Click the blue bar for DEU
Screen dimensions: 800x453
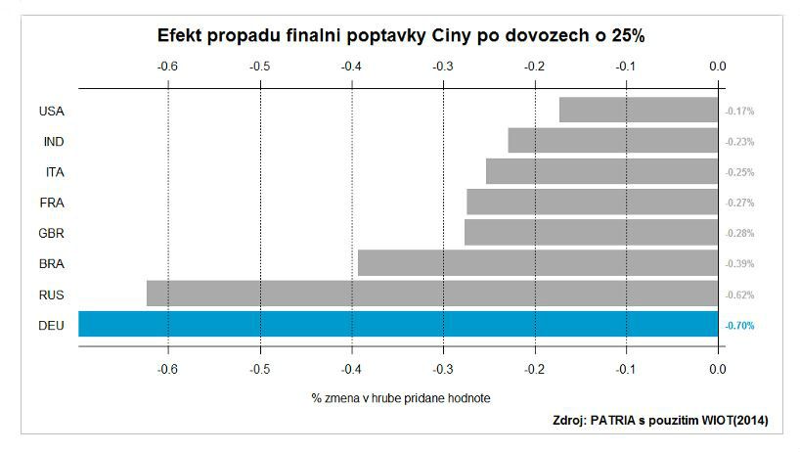tap(398, 324)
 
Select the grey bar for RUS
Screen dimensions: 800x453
tap(432, 294)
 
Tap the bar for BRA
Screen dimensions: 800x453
tap(538, 263)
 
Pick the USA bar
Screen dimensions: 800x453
tap(639, 110)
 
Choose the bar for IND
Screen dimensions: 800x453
tap(613, 140)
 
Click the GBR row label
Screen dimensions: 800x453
tap(52, 234)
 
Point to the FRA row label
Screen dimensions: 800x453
tap(52, 204)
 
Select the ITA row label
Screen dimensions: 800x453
tap(55, 172)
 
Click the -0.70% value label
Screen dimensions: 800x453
tap(739, 326)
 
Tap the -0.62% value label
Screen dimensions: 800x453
tap(739, 294)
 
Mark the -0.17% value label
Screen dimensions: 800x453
tap(739, 112)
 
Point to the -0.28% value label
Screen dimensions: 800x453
tap(739, 233)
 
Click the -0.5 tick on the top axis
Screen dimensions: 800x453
tap(260, 67)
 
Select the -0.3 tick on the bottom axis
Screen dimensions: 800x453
tap(443, 369)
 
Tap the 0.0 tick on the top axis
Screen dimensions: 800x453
tap(717, 67)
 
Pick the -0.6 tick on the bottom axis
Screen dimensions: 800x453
tap(167, 369)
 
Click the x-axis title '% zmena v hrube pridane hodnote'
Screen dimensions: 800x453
tap(401, 398)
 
